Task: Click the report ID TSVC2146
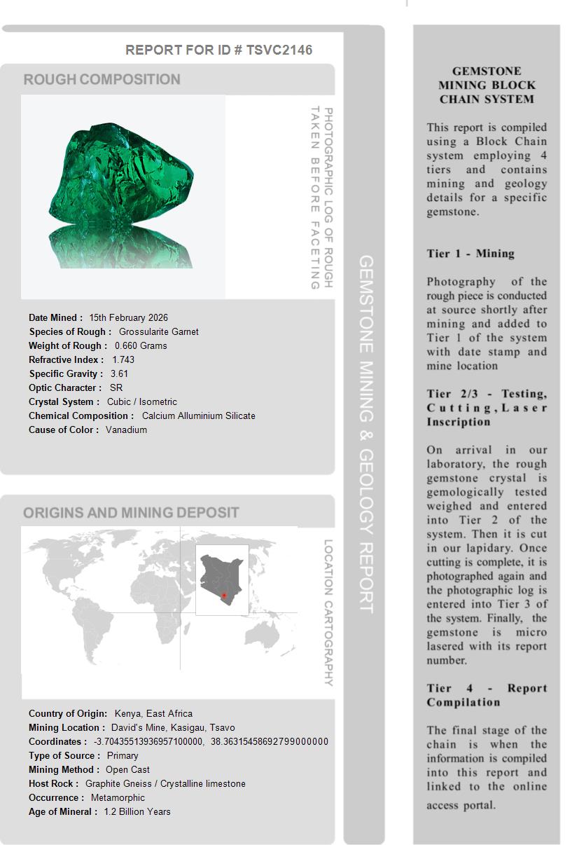pos(279,50)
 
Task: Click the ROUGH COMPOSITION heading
pos(102,79)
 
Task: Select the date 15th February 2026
pos(128,317)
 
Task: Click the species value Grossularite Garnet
pos(158,331)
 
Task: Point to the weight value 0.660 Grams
pos(141,345)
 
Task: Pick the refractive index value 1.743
pos(123,359)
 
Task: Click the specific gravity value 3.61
pos(119,373)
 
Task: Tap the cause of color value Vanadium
pos(126,430)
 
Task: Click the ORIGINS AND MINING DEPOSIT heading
pos(131,513)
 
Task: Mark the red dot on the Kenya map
pos(223,596)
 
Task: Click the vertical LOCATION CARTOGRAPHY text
pos(328,612)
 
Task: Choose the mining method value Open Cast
pos(127,769)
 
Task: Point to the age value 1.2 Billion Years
pos(137,811)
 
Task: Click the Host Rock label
pos(53,783)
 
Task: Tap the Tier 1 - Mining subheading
pos(470,254)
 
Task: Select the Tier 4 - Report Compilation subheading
pos(487,695)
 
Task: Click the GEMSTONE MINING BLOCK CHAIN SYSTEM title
pos(487,85)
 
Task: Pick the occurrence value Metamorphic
pos(118,797)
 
